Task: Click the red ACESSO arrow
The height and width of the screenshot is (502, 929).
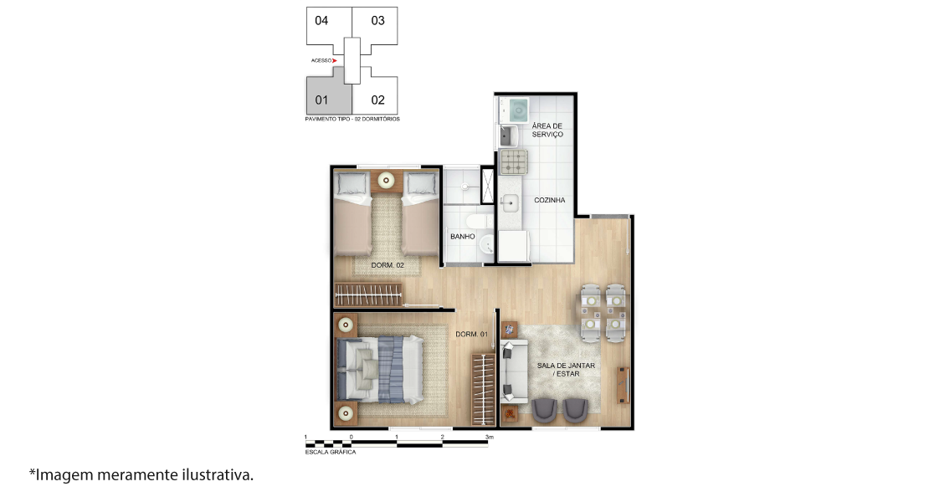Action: point(335,60)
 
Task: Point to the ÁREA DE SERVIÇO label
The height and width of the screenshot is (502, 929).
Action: point(547,131)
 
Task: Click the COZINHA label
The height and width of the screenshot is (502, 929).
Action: point(550,200)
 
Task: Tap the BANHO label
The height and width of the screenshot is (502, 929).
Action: point(463,236)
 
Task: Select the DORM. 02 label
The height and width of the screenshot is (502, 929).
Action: point(388,265)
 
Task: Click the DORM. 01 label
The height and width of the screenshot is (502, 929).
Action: point(471,335)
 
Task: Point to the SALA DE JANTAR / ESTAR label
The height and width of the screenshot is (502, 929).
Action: point(567,370)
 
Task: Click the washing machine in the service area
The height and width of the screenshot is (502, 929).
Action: point(514,110)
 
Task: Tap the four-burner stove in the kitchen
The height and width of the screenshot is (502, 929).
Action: point(514,161)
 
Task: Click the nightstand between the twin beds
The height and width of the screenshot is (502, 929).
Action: point(387,180)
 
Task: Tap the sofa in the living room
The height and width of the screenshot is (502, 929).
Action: point(514,371)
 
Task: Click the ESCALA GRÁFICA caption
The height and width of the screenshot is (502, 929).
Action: point(331,453)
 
